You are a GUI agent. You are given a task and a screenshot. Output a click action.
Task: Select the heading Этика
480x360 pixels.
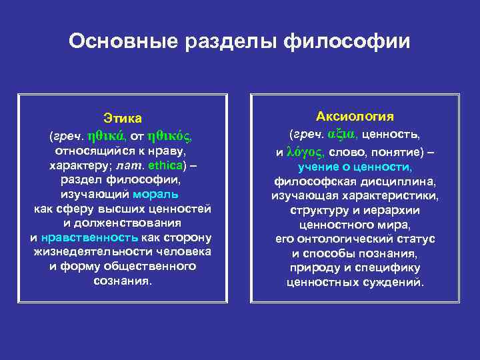tap(123, 119)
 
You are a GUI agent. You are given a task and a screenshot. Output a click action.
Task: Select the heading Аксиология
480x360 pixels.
tap(355, 117)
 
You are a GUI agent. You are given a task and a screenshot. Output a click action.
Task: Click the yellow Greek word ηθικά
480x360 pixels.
tap(107, 136)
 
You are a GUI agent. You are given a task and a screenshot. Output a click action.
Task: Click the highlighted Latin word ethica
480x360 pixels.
tap(165, 165)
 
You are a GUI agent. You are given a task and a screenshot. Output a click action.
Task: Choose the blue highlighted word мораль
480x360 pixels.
tap(155, 195)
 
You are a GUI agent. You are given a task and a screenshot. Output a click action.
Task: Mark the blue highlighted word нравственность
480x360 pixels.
tap(89, 237)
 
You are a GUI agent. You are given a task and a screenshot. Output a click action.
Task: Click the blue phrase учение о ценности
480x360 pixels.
tap(355, 167)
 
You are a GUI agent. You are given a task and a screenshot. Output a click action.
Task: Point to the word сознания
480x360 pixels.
tap(123, 281)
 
